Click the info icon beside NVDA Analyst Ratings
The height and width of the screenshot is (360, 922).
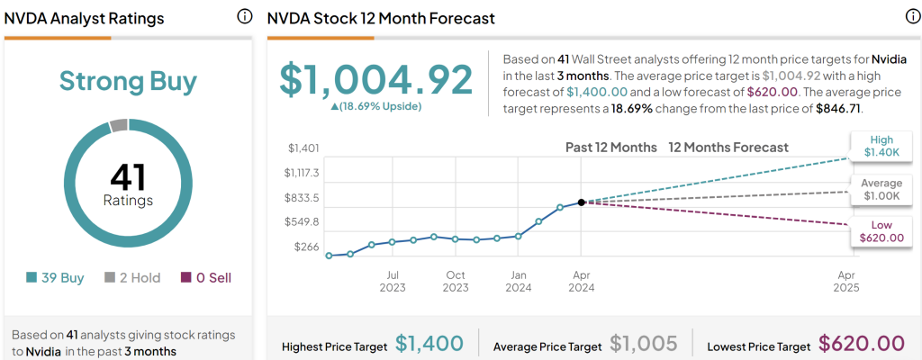[x=244, y=17]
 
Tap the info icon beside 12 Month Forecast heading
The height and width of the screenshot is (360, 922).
[x=911, y=17]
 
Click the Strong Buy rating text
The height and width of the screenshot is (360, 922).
[x=128, y=81]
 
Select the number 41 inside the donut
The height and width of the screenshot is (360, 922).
[x=128, y=176]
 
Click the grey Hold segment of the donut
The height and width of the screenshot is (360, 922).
[x=119, y=125]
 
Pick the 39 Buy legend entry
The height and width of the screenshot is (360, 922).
[x=56, y=278]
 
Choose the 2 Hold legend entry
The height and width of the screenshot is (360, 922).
[x=132, y=278]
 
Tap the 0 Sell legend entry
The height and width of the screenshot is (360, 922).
[x=206, y=278]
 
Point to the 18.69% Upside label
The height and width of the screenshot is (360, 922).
[x=375, y=106]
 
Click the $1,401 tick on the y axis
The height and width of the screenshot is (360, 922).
[x=303, y=148]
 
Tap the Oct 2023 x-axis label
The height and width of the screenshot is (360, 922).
[x=456, y=282]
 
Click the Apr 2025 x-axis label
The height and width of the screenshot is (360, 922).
[x=846, y=282]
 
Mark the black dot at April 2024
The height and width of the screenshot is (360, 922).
[x=582, y=202]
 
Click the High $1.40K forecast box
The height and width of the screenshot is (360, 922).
[x=880, y=148]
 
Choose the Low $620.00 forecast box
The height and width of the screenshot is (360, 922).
[x=880, y=231]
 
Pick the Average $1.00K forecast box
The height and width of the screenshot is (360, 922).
[x=880, y=189]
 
